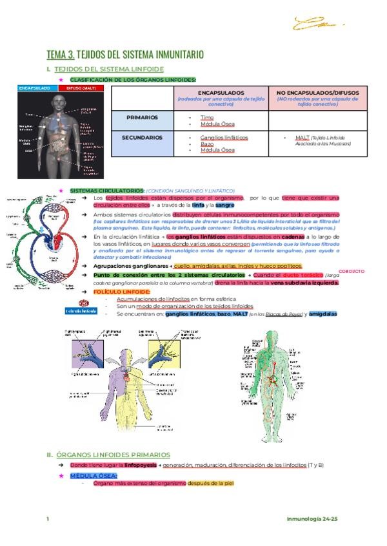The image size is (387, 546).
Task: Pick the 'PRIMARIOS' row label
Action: point(144,118)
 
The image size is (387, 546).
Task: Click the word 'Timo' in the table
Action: point(206,118)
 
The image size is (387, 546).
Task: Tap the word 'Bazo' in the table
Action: point(206,144)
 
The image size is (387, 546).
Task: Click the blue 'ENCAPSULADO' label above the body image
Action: point(35,88)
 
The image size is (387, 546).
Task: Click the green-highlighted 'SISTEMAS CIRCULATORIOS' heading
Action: point(106,191)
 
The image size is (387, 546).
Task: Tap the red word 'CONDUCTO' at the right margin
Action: point(352,271)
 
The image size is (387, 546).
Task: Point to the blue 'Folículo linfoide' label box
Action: point(81,311)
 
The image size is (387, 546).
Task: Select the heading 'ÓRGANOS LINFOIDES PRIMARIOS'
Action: point(113,454)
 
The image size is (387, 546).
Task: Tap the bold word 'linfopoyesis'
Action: point(139,464)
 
